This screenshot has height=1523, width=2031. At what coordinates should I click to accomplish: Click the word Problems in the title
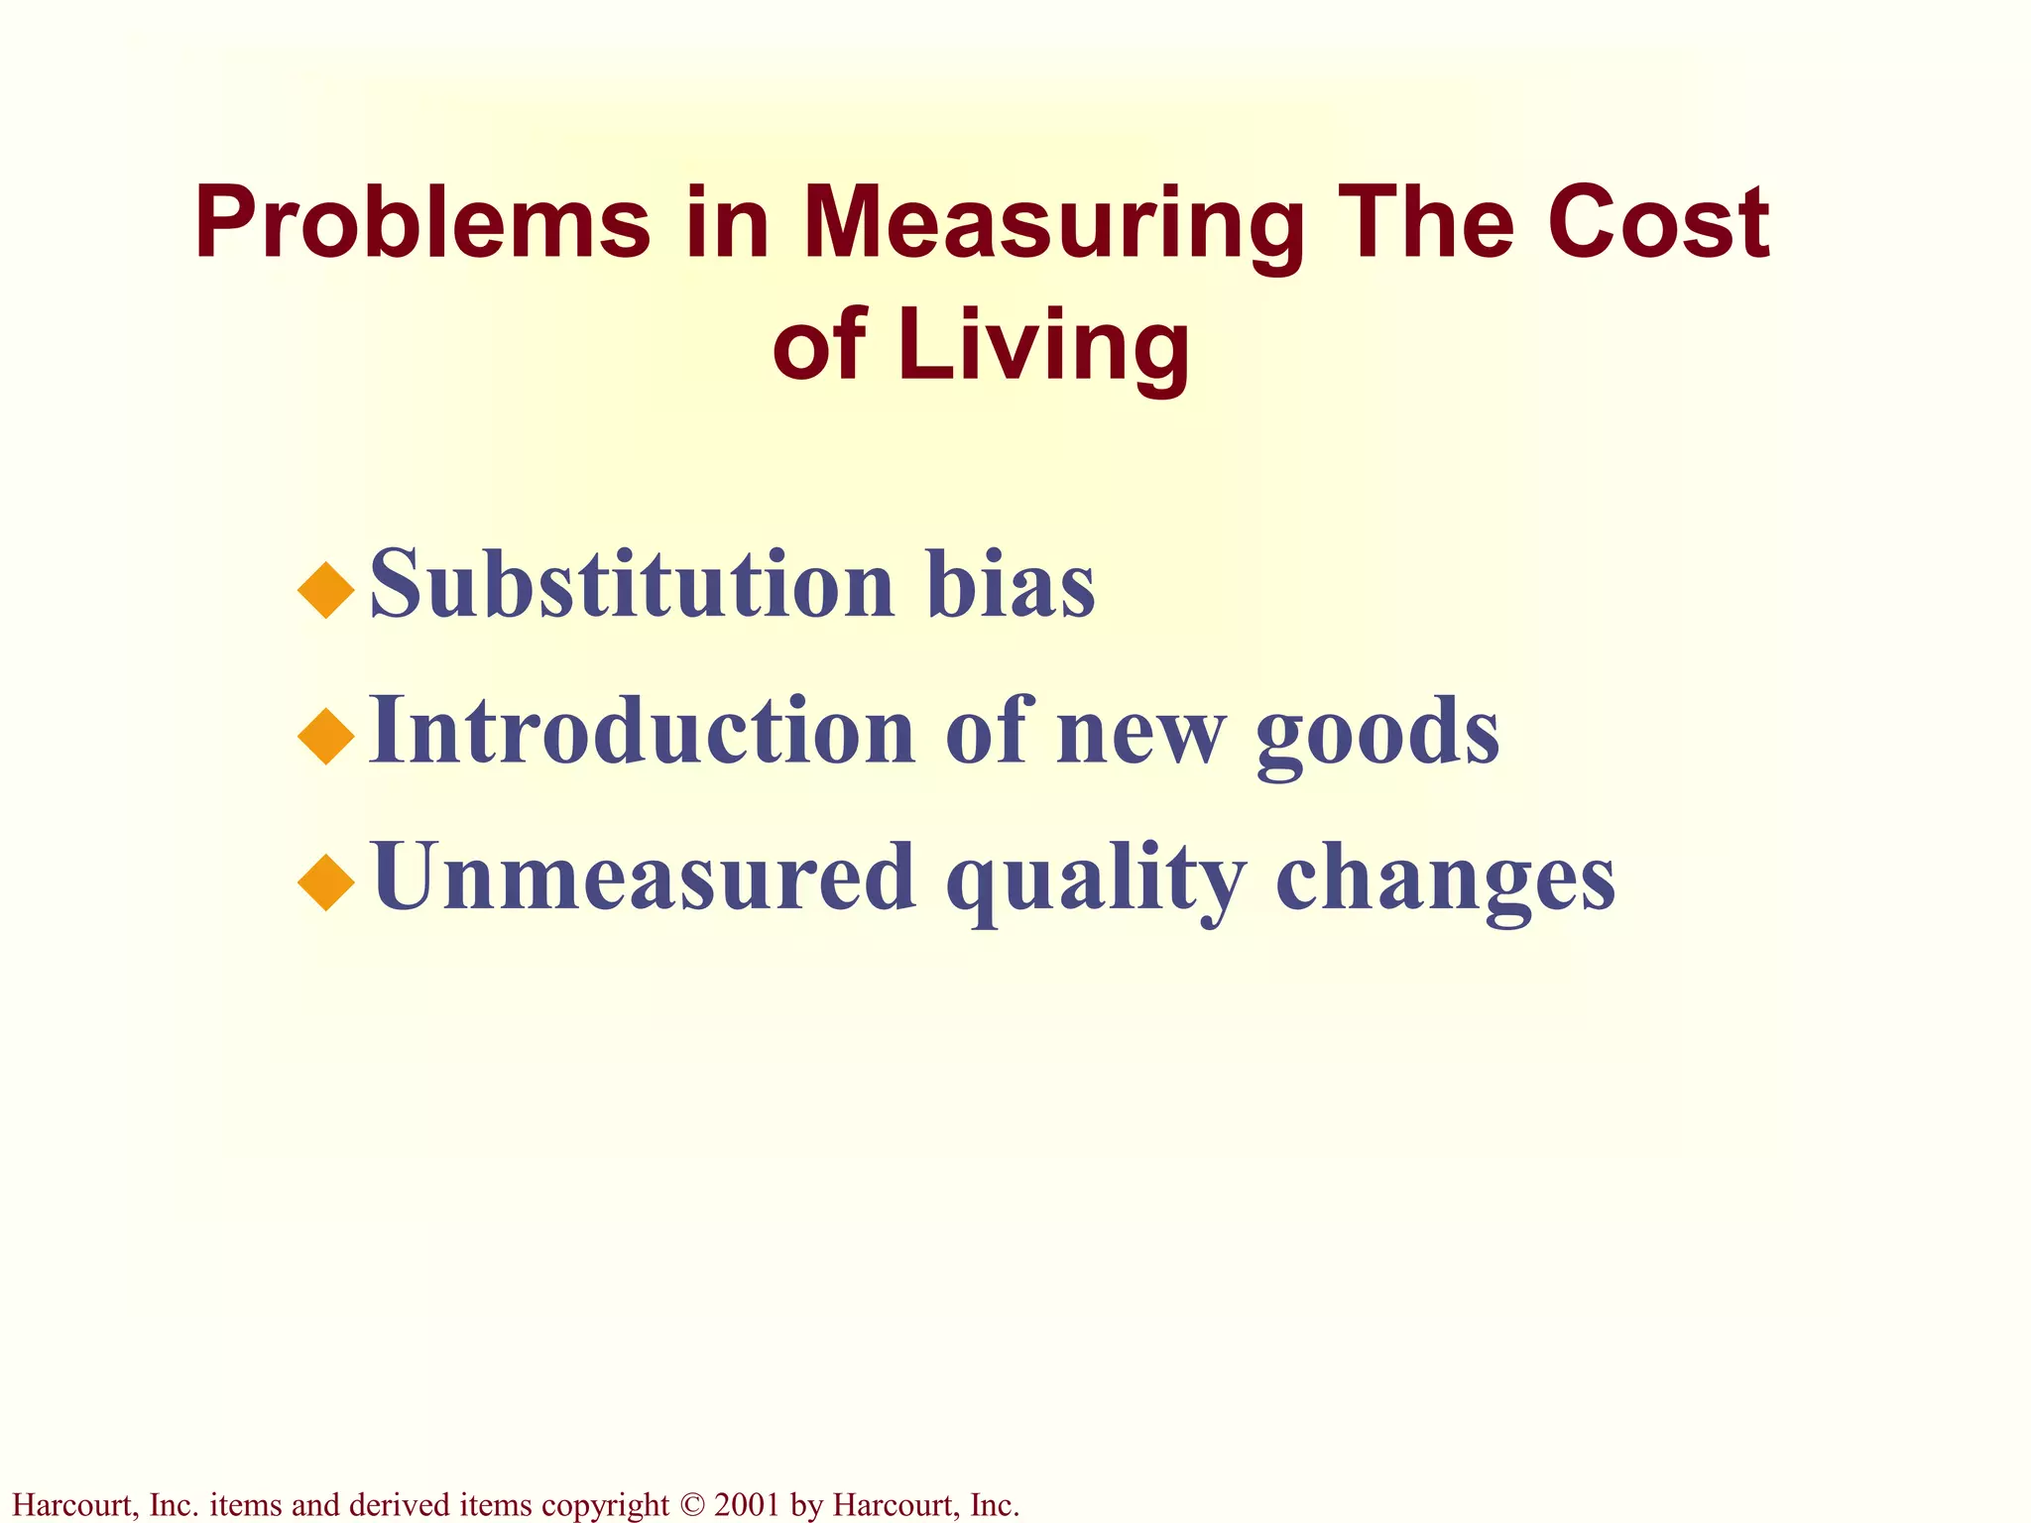point(422,224)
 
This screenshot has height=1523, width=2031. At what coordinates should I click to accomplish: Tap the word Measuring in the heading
point(1052,226)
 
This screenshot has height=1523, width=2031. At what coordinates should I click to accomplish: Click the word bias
point(1012,585)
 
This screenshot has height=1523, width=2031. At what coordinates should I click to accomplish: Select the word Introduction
point(642,731)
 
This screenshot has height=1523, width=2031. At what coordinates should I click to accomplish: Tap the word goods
point(1378,734)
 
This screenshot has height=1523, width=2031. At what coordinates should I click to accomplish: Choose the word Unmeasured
point(644,877)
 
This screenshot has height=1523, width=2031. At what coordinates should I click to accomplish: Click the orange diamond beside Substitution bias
point(326,591)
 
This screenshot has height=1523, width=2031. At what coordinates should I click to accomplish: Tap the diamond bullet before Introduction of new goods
point(326,737)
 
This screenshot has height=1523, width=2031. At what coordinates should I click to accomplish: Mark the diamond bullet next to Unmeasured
point(326,882)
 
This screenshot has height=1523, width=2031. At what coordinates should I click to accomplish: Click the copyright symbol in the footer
point(692,1505)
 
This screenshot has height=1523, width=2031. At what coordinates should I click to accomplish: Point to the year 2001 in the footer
point(747,1505)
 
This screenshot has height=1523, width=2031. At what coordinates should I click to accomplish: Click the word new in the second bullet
point(1140,734)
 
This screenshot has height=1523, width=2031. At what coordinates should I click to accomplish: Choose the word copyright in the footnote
point(606,1505)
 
